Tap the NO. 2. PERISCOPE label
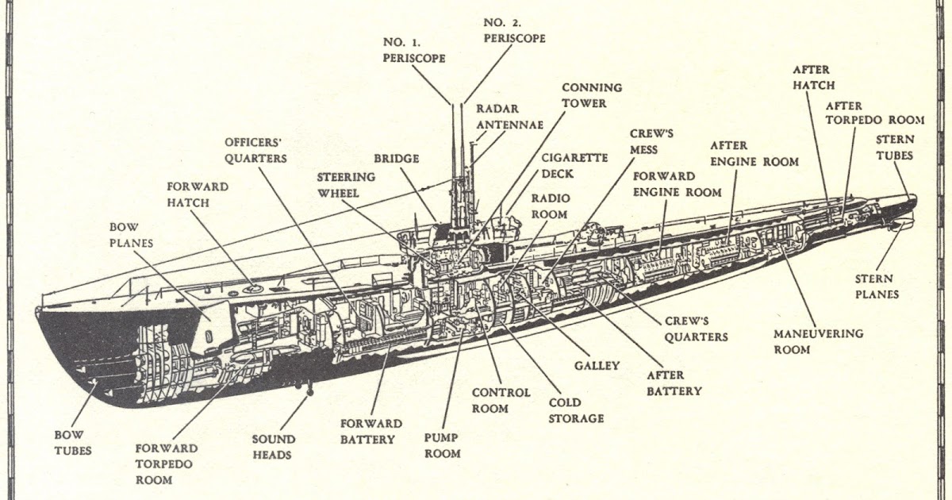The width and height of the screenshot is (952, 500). pyautogui.click(x=514, y=30)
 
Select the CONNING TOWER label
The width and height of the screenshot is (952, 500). pyautogui.click(x=592, y=95)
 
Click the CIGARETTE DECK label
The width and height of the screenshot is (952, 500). pyautogui.click(x=574, y=165)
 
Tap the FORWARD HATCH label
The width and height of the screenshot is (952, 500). pyautogui.click(x=198, y=194)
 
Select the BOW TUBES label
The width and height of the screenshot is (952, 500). pyautogui.click(x=72, y=442)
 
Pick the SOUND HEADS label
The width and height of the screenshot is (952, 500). pyautogui.click(x=273, y=447)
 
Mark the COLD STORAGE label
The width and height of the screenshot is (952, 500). pyautogui.click(x=575, y=410)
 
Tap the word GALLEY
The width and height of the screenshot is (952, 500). pyautogui.click(x=597, y=366)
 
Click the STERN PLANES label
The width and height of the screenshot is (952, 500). pyautogui.click(x=877, y=287)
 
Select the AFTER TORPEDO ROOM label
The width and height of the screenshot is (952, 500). pyautogui.click(x=874, y=113)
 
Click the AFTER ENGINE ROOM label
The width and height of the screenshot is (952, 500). pyautogui.click(x=754, y=153)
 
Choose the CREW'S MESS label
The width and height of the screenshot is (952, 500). pyautogui.click(x=652, y=140)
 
